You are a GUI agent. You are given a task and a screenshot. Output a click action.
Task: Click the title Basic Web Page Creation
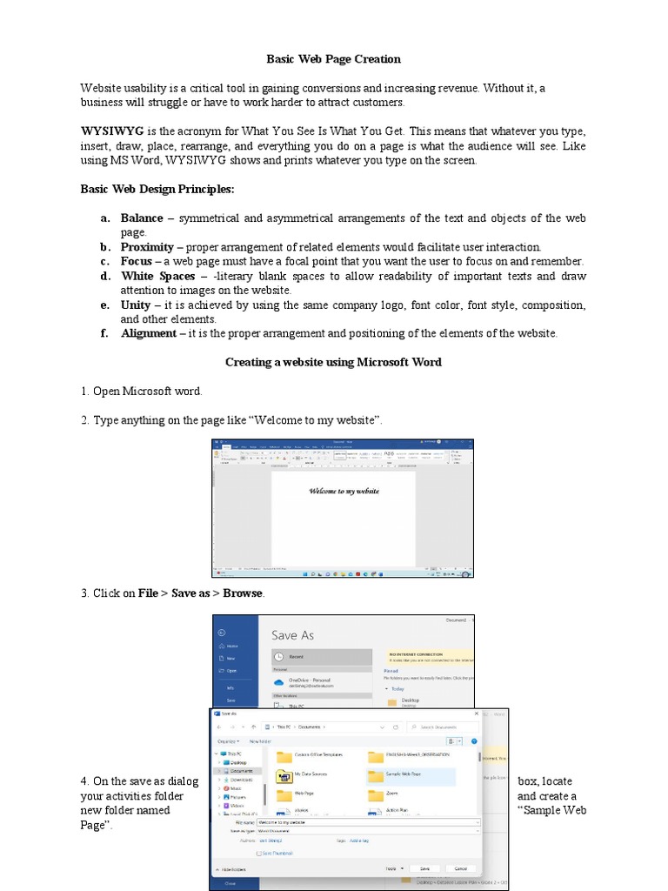333,59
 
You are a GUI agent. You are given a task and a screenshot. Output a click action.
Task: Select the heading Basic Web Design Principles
157,189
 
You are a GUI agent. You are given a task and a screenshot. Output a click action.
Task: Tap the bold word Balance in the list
142,218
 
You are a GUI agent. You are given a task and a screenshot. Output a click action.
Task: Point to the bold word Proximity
147,247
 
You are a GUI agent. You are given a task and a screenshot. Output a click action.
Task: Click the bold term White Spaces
157,276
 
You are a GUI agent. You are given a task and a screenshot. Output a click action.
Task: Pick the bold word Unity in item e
135,305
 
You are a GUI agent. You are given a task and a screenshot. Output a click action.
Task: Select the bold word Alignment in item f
148,333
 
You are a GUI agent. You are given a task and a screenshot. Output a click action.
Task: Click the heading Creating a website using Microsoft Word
333,362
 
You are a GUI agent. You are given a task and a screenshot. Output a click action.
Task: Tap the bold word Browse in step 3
243,593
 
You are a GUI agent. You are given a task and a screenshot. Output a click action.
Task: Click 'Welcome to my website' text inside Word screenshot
344,491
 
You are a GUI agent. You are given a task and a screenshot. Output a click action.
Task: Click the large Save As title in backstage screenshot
292,635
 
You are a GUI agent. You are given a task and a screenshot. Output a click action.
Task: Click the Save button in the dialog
424,868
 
